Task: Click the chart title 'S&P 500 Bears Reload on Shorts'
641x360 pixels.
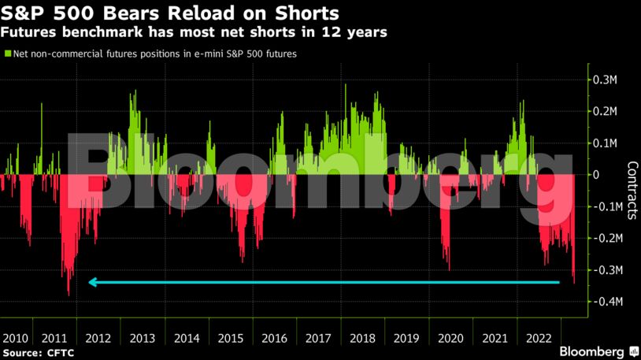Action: pyautogui.click(x=170, y=13)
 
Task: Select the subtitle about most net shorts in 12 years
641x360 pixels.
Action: pyautogui.click(x=194, y=33)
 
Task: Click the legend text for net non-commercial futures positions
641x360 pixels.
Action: pyautogui.click(x=154, y=54)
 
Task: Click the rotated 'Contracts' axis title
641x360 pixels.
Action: pyautogui.click(x=632, y=190)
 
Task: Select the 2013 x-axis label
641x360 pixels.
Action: pyautogui.click(x=142, y=337)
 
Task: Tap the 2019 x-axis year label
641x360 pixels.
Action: pyautogui.click(x=407, y=337)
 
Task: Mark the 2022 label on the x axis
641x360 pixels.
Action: pyautogui.click(x=539, y=337)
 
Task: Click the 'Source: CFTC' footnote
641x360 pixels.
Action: pyautogui.click(x=37, y=353)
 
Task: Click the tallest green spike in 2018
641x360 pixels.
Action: pyautogui.click(x=346, y=85)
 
